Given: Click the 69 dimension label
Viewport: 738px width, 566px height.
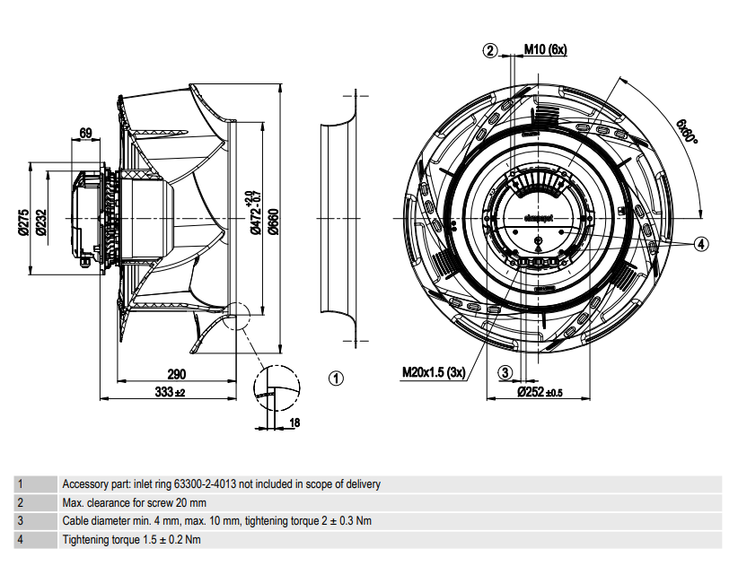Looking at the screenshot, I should (x=86, y=134).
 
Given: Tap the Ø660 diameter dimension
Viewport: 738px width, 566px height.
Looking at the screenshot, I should (x=273, y=218).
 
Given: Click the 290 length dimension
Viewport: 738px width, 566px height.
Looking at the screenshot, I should (x=176, y=374).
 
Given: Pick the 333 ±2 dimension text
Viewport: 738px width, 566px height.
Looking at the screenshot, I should (x=170, y=392).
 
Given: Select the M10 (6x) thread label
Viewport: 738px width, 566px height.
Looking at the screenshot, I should (x=545, y=49).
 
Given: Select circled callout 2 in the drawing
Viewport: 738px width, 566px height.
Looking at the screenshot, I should (x=490, y=50).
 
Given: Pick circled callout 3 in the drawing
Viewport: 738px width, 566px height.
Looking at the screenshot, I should (x=505, y=372).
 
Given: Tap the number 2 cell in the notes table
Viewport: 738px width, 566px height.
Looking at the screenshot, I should (x=21, y=502).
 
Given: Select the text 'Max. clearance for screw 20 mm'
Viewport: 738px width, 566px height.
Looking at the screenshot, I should (x=134, y=502).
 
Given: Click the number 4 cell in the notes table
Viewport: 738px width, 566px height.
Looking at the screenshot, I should (x=21, y=539).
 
